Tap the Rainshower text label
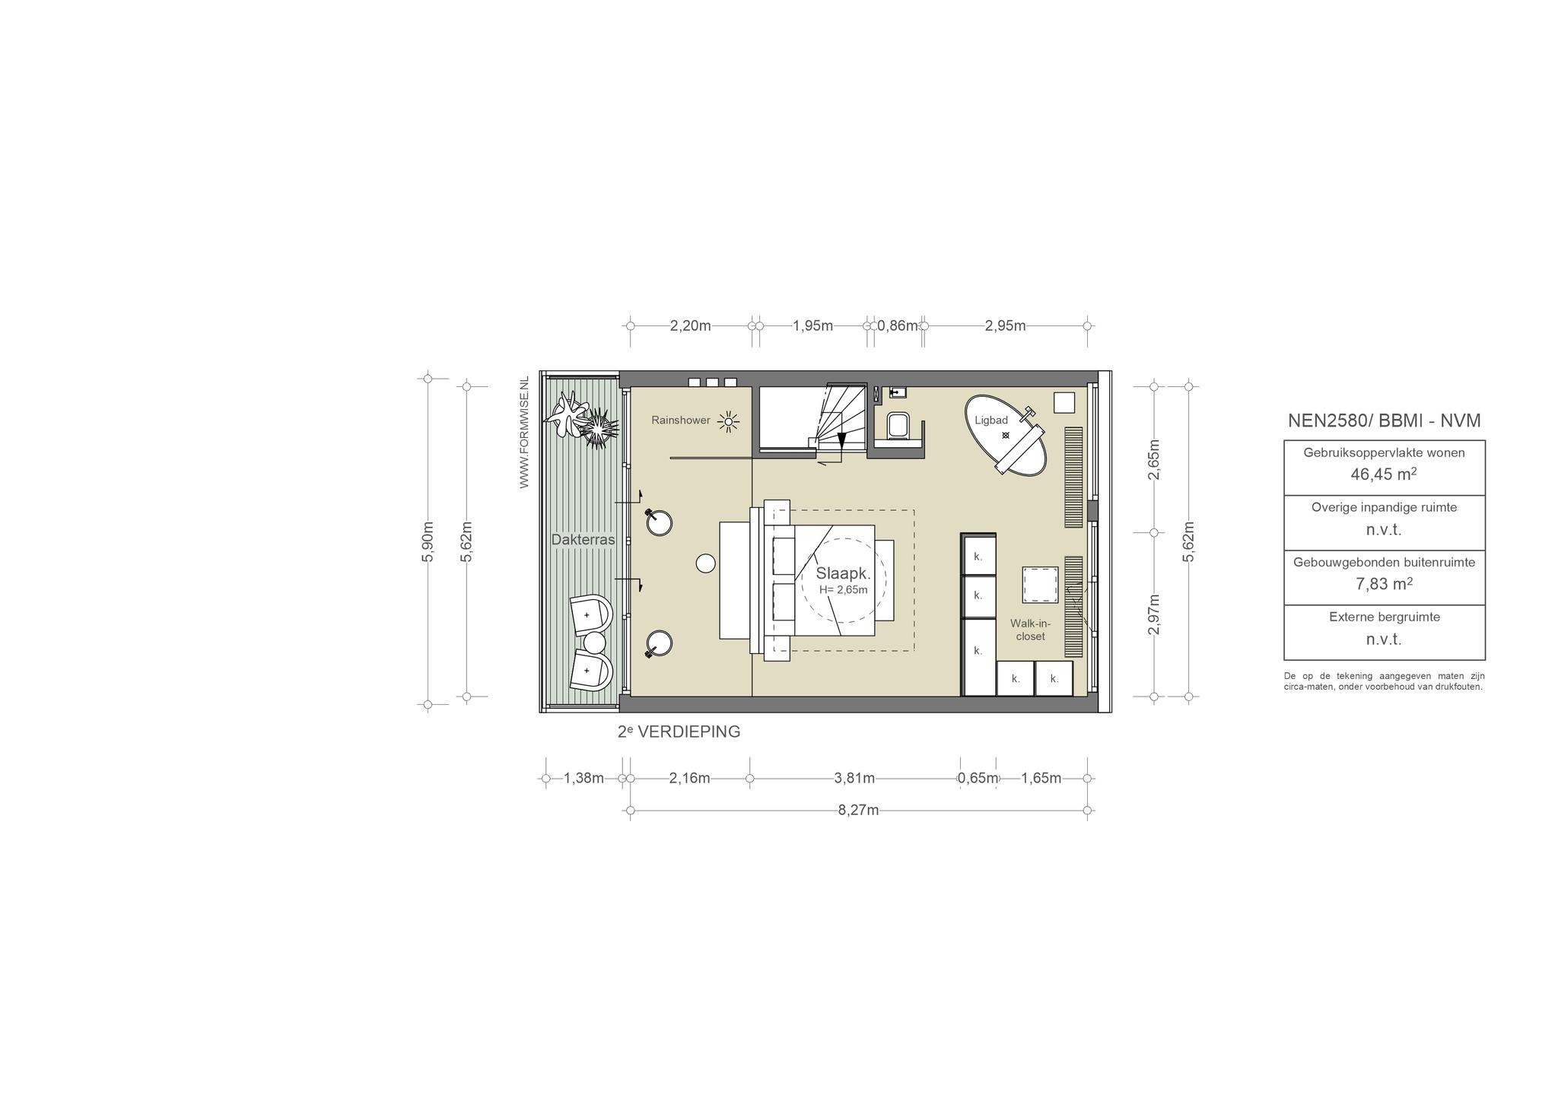pos(681,420)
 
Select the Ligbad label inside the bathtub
pos(991,420)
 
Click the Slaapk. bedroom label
pos(843,573)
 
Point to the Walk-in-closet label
pos(1030,630)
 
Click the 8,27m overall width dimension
pos(858,811)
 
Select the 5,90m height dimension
pos(428,541)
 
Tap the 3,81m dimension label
pos(854,779)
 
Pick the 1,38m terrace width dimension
pos(583,779)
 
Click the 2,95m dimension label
pos(1005,326)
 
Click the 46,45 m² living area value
pos(1384,474)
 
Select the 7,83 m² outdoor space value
pos(1384,584)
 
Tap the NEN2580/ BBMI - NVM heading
pos(1384,420)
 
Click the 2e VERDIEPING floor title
pos(679,731)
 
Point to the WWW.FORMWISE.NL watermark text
pos(524,433)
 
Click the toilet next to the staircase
pos(898,426)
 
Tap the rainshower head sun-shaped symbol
pos(729,421)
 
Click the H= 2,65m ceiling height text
pos(843,590)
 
